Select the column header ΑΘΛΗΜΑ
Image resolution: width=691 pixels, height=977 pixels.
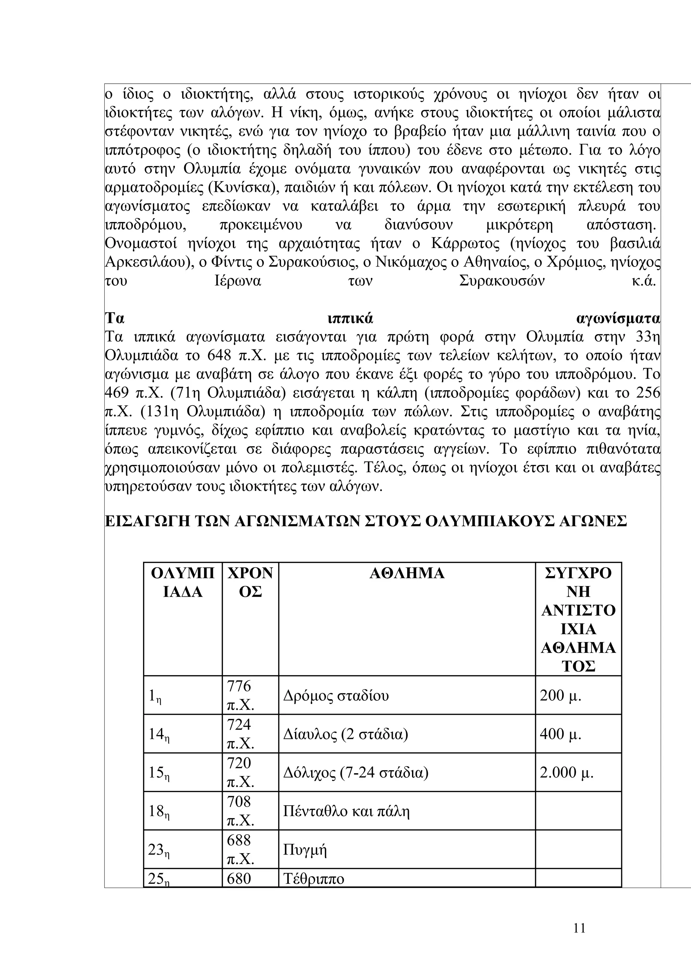point(407,574)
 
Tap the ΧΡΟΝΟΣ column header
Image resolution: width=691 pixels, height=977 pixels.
point(250,583)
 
